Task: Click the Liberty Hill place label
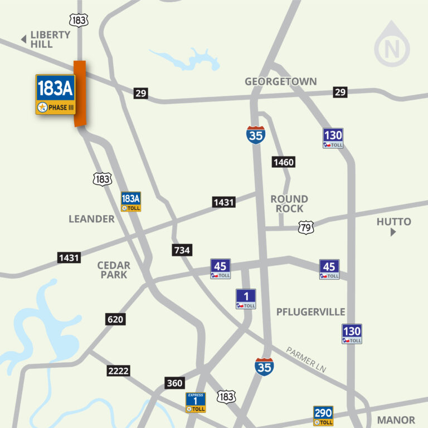pos(50,39)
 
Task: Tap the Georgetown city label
pos(280,82)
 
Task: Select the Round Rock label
pos(289,203)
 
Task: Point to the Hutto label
pos(393,222)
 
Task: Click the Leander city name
pos(91,219)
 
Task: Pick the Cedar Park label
pos(114,270)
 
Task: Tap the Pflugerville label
pos(310,312)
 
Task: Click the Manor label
pos(396,420)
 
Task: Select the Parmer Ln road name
pos(306,359)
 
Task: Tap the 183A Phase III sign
pos(55,94)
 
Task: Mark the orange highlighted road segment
pos(80,93)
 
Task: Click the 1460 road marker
pos(283,162)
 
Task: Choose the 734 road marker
pos(182,250)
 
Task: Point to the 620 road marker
pos(115,319)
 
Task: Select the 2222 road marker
pos(118,371)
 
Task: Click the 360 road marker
pos(174,383)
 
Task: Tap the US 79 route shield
pos(306,227)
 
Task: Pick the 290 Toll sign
pos(323,416)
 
